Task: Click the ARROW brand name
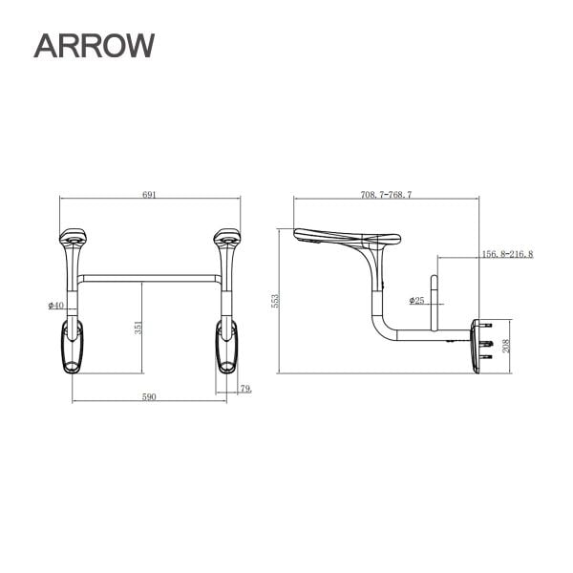point(94,44)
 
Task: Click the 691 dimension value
point(149,194)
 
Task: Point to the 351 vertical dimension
point(138,327)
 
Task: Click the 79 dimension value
point(246,388)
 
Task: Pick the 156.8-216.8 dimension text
point(507,254)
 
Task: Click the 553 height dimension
point(275,301)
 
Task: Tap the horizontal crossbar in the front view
point(151,279)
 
